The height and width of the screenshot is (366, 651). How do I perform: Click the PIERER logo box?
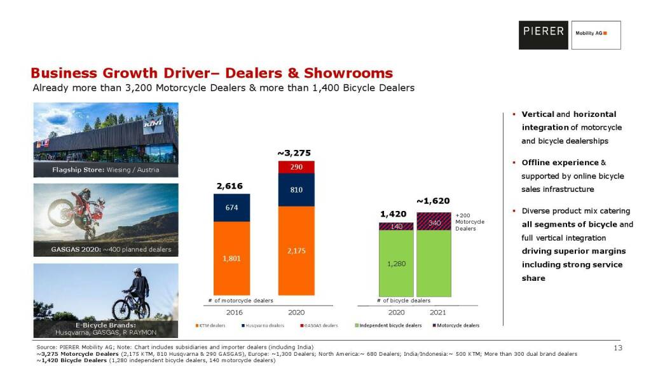tap(543, 35)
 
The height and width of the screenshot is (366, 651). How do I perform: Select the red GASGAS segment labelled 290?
tap(296, 167)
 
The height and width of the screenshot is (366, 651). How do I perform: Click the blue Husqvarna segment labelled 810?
tap(296, 190)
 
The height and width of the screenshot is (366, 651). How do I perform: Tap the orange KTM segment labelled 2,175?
tap(296, 252)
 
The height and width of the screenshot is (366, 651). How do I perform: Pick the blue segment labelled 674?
tap(232, 208)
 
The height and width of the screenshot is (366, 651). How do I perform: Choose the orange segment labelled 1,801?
tap(232, 259)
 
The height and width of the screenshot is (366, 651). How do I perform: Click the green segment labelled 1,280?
tap(396, 263)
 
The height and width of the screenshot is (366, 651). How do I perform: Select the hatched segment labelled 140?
tap(396, 226)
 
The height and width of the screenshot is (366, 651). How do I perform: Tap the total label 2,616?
tap(230, 186)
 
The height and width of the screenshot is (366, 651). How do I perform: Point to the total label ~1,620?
tap(433, 201)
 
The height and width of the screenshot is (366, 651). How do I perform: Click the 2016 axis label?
tap(235, 312)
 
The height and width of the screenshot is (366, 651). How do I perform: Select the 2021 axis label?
tap(437, 312)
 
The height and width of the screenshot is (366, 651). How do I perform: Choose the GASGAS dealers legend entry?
tap(320, 325)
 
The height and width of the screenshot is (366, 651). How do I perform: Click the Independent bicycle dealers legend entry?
tap(389, 325)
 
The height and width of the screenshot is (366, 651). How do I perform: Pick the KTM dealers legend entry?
tap(212, 325)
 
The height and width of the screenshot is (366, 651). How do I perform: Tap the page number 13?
tap(617, 348)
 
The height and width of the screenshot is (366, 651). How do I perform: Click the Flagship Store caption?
tap(106, 170)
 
